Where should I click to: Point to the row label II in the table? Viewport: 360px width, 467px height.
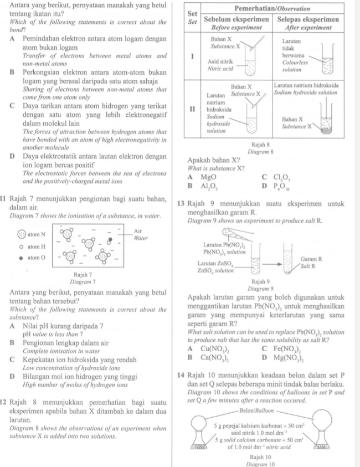192,109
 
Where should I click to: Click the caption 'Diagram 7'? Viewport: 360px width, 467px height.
82,281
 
